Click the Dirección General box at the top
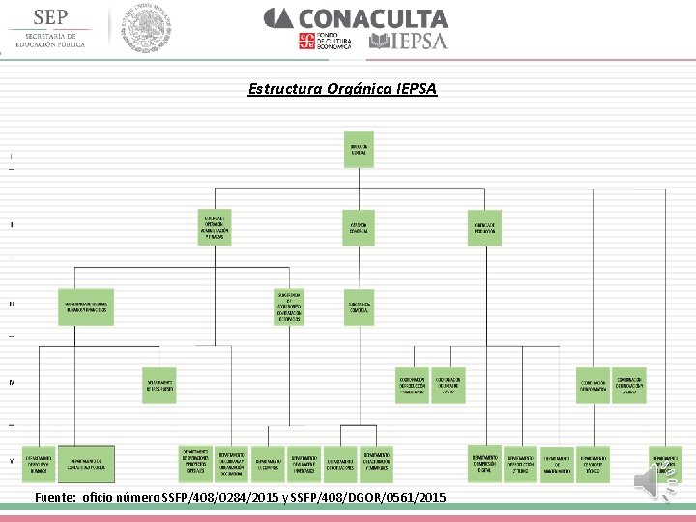click(360, 154)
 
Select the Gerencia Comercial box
click(359, 228)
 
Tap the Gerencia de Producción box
click(483, 228)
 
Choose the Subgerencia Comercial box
click(360, 307)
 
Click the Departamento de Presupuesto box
click(159, 385)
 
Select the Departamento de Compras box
click(269, 463)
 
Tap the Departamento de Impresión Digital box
click(484, 463)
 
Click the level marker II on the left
click(12, 225)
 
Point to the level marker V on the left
click(12, 461)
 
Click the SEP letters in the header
click(51, 17)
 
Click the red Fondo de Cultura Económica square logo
click(306, 41)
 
